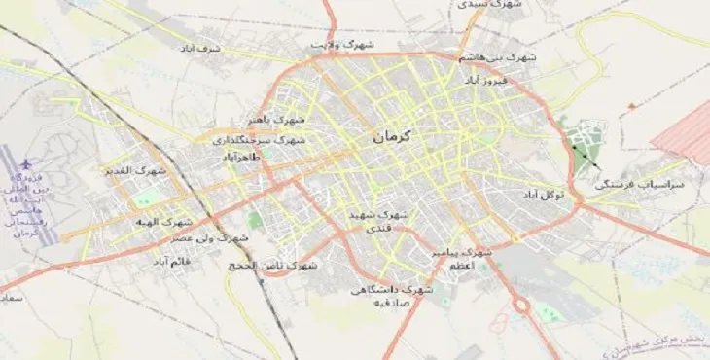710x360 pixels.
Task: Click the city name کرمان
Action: (393, 138)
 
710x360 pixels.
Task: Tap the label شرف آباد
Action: (200, 47)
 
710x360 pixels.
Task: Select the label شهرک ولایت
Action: (342, 45)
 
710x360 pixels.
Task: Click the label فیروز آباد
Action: (484, 78)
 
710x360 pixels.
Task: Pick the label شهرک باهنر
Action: (276, 120)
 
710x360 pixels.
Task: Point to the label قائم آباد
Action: (171, 261)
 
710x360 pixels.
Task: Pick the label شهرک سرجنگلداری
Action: (260, 140)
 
